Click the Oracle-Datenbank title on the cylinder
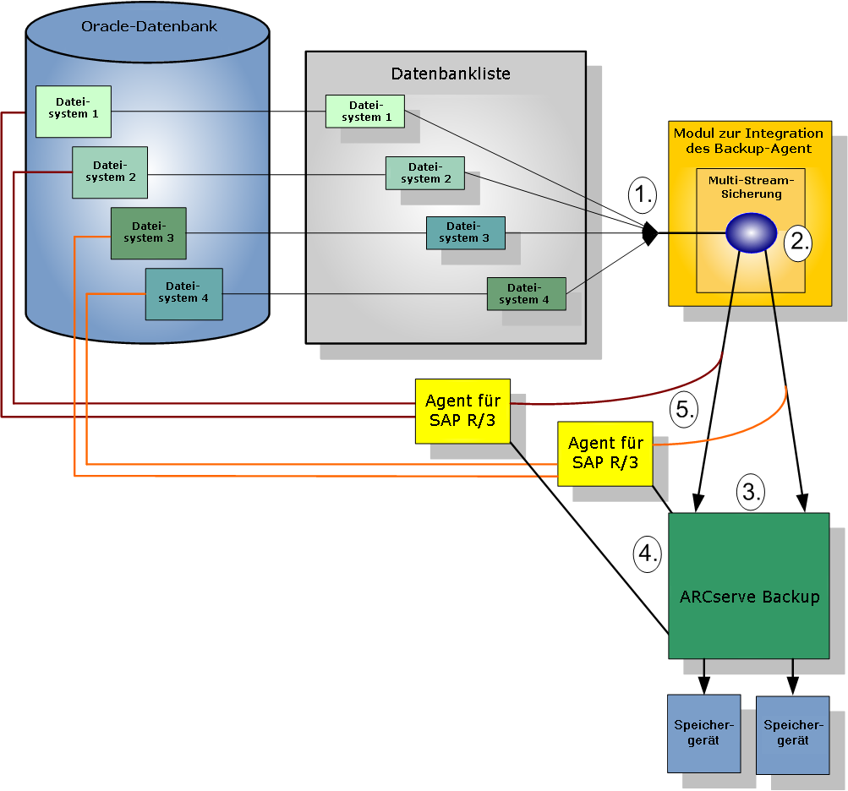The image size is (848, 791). [149, 26]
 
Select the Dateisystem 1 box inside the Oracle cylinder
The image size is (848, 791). [74, 112]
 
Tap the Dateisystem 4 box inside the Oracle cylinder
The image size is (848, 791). [183, 294]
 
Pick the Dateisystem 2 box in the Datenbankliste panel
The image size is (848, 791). [424, 173]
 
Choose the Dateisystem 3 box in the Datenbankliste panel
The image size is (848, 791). [465, 232]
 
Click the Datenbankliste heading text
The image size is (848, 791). [450, 74]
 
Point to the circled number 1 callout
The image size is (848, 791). [643, 195]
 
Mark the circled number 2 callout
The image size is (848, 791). [797, 242]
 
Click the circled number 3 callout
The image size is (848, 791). [751, 490]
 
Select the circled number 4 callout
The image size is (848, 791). [648, 554]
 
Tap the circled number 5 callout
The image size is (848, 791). [684, 410]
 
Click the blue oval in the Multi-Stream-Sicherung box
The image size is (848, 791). [751, 232]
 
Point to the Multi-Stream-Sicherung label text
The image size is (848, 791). [751, 187]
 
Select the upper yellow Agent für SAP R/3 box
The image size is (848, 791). [462, 411]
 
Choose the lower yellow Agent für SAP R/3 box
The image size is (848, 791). [605, 454]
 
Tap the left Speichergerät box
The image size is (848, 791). [703, 733]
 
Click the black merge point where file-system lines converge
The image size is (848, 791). [649, 232]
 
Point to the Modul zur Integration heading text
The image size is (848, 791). [748, 140]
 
